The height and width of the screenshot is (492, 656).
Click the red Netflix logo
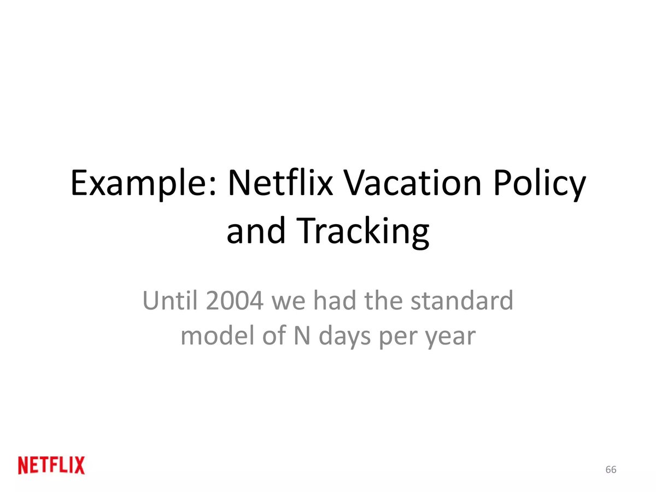[x=51, y=465]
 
